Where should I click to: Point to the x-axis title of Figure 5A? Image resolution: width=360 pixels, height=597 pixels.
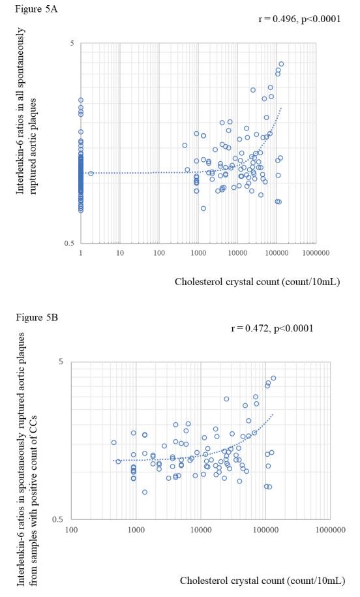point(257,282)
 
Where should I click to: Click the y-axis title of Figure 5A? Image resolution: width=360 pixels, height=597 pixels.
point(27,111)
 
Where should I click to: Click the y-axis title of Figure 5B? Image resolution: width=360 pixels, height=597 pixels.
point(27,458)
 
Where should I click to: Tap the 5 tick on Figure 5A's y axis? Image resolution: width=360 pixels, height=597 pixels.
point(72,44)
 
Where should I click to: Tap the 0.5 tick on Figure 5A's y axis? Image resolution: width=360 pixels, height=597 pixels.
point(69,243)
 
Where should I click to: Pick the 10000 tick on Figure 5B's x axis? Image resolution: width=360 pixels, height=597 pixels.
point(200,530)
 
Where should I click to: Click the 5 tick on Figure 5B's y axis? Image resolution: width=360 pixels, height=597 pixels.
point(60,361)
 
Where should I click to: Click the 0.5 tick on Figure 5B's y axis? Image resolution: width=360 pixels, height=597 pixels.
point(57,519)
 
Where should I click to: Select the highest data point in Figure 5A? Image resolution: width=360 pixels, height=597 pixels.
point(281,64)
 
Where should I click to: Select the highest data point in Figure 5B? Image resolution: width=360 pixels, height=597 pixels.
point(273,378)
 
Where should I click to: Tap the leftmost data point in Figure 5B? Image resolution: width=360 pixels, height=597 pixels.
point(113,442)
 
